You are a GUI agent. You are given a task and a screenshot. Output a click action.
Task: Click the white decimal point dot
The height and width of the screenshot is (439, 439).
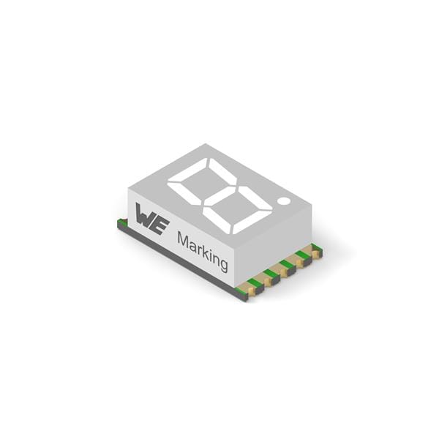point(284,200)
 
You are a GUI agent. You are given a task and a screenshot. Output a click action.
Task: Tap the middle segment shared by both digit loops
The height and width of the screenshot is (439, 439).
point(219,195)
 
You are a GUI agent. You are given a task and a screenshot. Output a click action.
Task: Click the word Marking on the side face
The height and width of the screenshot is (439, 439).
point(203,252)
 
